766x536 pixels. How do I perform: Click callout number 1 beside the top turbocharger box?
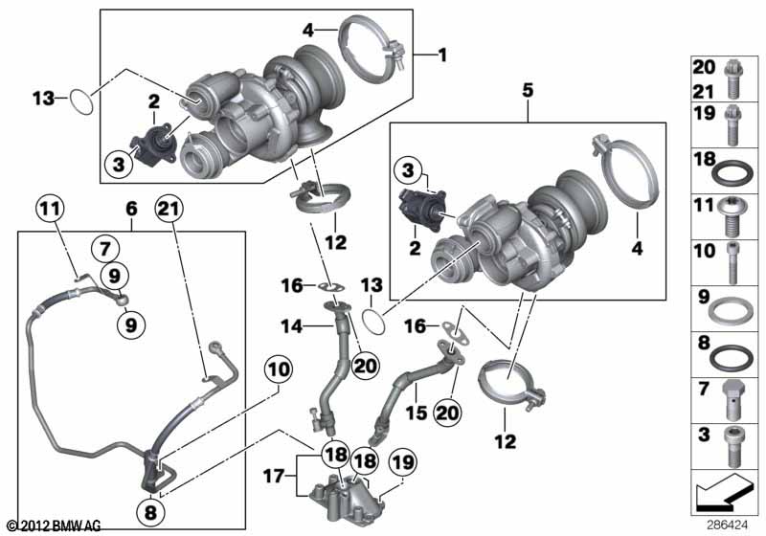442,55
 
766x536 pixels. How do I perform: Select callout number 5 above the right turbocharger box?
529,91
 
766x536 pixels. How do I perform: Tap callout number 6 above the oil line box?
132,209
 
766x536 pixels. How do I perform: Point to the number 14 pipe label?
292,325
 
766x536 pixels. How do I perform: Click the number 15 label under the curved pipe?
417,413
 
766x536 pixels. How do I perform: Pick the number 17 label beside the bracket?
274,475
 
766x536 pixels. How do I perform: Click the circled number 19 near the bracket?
403,462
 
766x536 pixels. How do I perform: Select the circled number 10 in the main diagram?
279,369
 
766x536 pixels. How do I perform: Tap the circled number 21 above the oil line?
169,209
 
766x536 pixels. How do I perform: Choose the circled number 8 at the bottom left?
150,512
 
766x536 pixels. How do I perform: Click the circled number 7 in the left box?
105,250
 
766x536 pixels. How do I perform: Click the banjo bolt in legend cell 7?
733,400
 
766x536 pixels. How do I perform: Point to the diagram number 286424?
728,525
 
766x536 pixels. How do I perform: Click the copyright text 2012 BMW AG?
55,525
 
